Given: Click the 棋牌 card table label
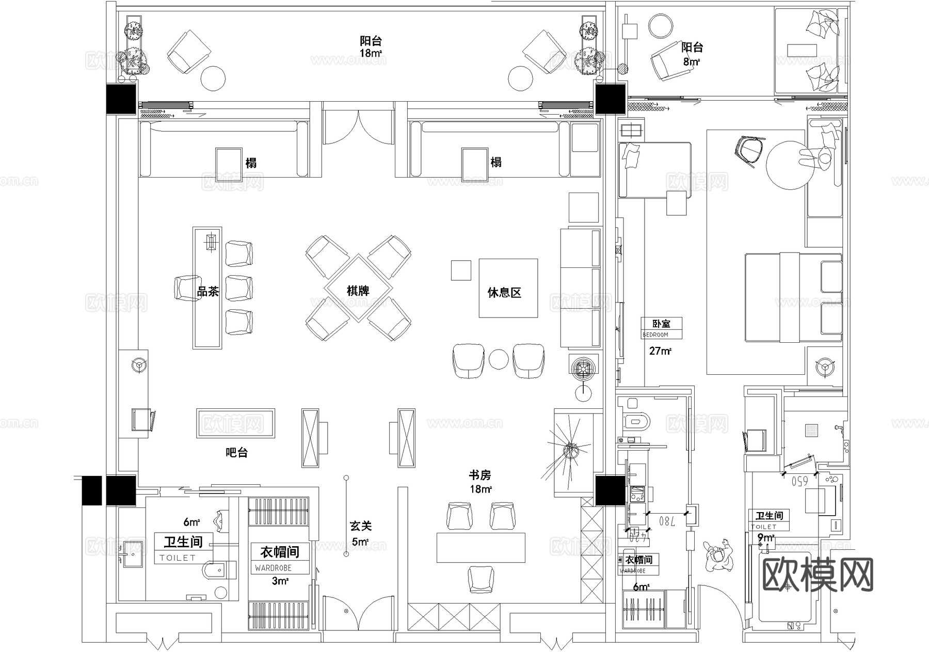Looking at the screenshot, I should pyautogui.click(x=358, y=291).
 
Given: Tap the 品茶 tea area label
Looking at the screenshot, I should pyautogui.click(x=208, y=292).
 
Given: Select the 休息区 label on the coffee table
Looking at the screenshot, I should pyautogui.click(x=504, y=293).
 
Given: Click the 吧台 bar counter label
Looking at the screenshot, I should pyautogui.click(x=237, y=453).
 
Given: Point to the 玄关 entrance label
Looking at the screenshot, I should pyautogui.click(x=360, y=526).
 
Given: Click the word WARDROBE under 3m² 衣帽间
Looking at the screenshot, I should pyautogui.click(x=273, y=568).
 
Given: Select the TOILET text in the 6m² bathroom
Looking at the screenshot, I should pyautogui.click(x=178, y=558).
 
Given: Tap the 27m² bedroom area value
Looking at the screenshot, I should pyautogui.click(x=660, y=351).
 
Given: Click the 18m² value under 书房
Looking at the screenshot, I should pyautogui.click(x=480, y=489).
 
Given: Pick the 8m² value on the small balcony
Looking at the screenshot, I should pyautogui.click(x=692, y=62).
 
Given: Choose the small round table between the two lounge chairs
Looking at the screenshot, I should pyautogui.click(x=499, y=359).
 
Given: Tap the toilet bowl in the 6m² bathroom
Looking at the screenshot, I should pyautogui.click(x=217, y=571).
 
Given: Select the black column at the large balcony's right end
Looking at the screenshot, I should pyautogui.click(x=610, y=99).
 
